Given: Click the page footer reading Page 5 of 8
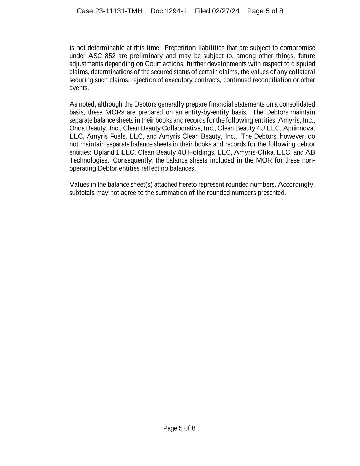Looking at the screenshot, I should click(179, 428).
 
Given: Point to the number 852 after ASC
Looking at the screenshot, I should click(110, 56).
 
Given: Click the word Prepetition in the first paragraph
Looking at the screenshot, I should click(180, 48).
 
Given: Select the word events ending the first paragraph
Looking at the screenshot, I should click(79, 88).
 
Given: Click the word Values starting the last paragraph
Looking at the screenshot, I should click(79, 185).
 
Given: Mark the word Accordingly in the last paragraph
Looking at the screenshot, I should click(296, 185).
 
